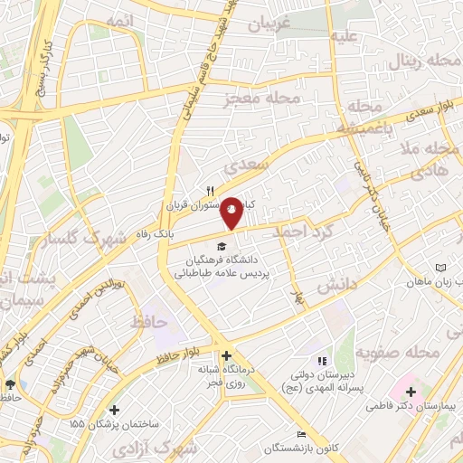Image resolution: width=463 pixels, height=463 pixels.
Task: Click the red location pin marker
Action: tap(231, 212)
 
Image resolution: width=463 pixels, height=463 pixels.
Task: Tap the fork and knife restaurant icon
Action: tap(210, 191)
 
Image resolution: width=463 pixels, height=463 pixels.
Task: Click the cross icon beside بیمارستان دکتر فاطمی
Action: tap(411, 392)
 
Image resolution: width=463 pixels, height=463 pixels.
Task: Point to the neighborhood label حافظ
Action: tap(149, 320)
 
